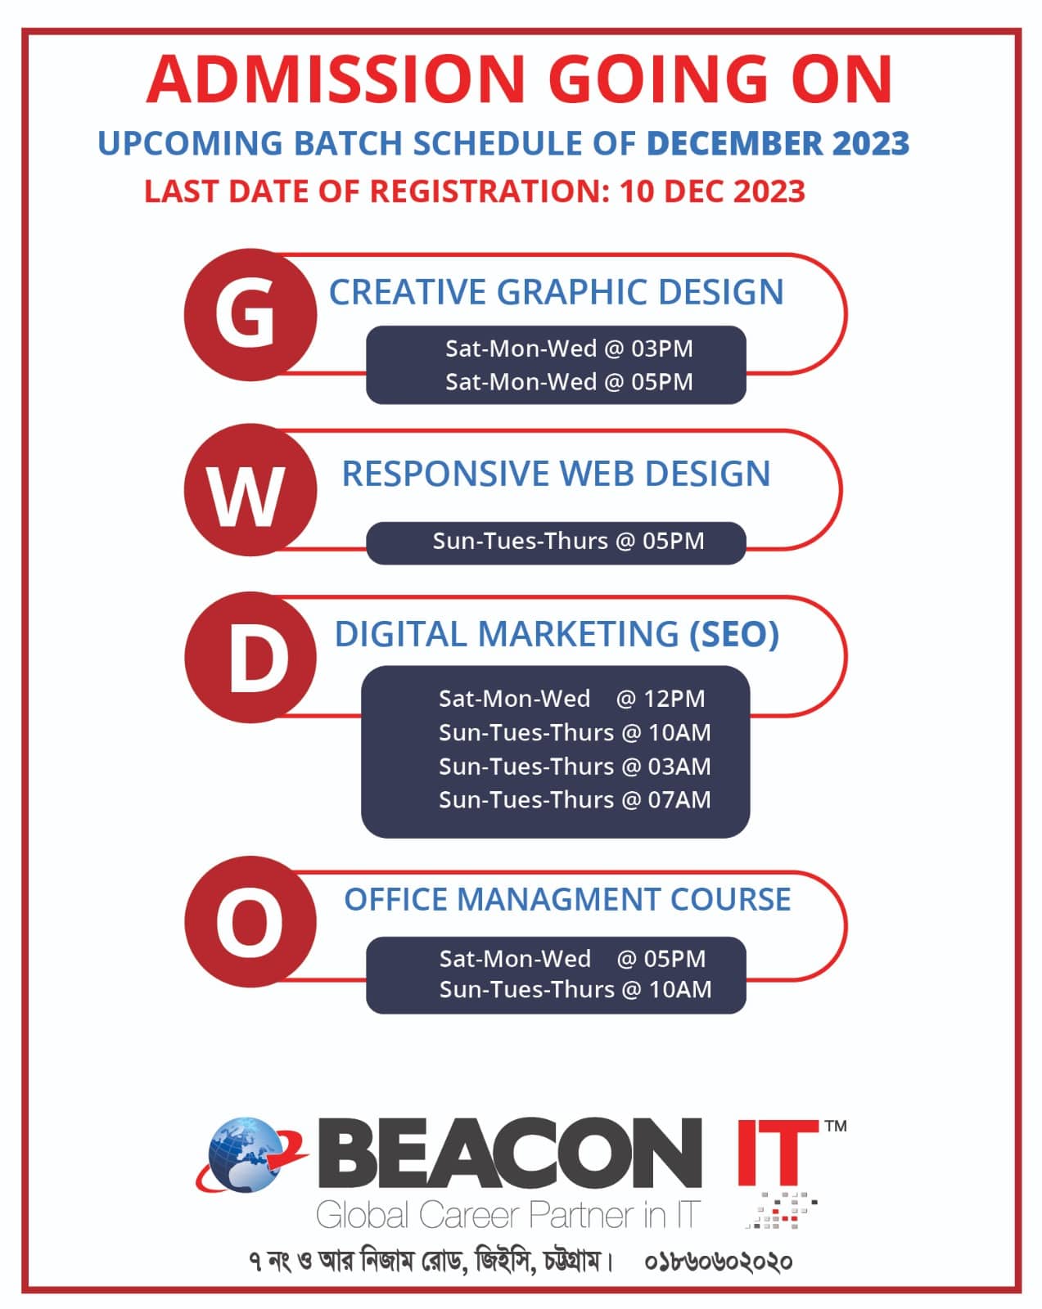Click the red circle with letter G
click(x=250, y=314)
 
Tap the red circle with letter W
click(x=250, y=490)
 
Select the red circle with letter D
click(x=250, y=657)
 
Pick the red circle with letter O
click(x=250, y=921)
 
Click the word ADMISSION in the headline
click(x=336, y=79)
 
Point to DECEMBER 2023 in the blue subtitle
click(x=778, y=143)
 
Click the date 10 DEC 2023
click(x=712, y=191)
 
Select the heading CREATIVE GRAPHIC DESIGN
click(x=556, y=291)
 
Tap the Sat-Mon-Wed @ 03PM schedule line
click(x=569, y=349)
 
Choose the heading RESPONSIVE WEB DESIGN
click(x=556, y=473)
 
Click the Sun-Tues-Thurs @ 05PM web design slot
click(x=568, y=541)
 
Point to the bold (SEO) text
click(x=733, y=634)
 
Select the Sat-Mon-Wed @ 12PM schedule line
click(x=571, y=699)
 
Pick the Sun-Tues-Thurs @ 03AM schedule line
click(x=575, y=767)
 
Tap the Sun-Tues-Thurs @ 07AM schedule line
click(x=575, y=799)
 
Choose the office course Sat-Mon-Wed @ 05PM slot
click(x=572, y=959)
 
